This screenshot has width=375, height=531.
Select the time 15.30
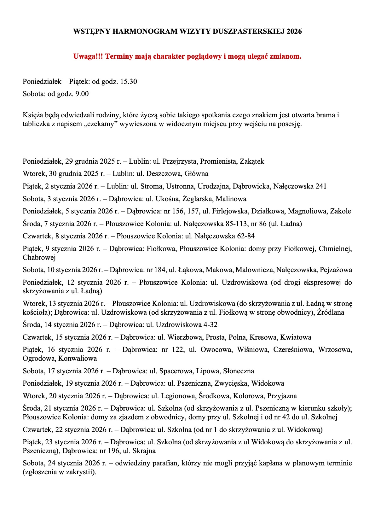(x=129, y=81)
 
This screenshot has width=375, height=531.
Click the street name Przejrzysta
(x=179, y=161)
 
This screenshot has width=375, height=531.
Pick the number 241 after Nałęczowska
(x=321, y=186)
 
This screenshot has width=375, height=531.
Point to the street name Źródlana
(x=331, y=312)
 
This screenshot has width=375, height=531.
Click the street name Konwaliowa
(x=78, y=359)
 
